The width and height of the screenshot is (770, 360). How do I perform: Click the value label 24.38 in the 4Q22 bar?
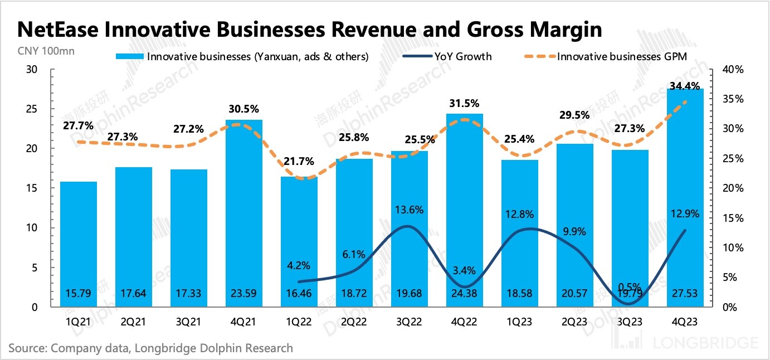pos(464,294)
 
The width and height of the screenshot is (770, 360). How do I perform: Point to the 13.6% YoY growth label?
pos(410,210)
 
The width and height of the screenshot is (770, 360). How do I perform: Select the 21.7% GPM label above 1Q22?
pos(299,162)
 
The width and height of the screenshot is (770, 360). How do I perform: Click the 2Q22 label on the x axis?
pos(354,322)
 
